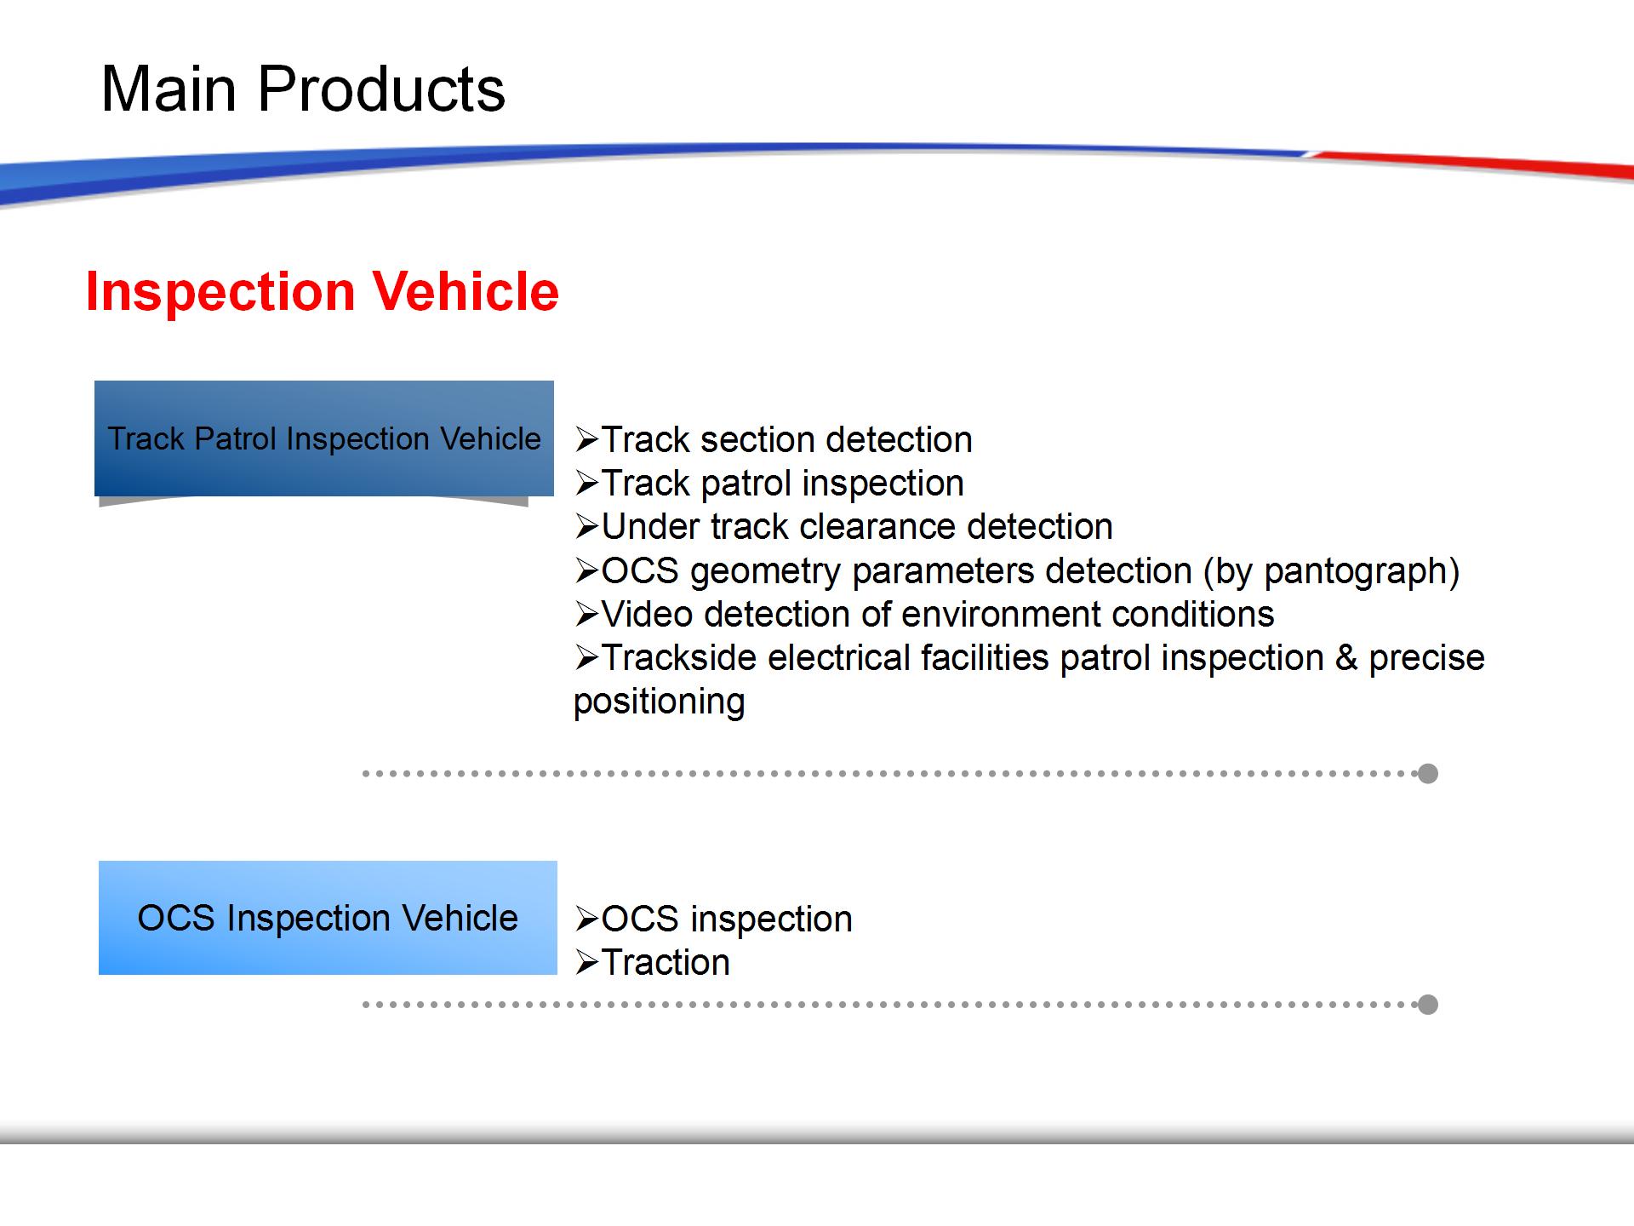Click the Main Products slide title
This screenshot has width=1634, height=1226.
pos(303,89)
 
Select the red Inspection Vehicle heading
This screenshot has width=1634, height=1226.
pos(323,291)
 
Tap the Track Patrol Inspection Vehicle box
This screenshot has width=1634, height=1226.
pos(324,438)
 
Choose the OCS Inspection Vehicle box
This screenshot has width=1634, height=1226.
pos(328,918)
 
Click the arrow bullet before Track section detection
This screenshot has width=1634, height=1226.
pos(587,440)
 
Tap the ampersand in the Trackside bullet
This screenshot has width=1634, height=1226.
pos(1345,658)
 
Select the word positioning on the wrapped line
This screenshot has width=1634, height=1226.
pos(660,702)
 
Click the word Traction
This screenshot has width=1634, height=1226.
pos(666,963)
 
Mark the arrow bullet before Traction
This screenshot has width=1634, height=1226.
pos(587,963)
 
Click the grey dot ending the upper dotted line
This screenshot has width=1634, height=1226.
pos(1428,773)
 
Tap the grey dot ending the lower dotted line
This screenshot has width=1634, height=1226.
pos(1428,1005)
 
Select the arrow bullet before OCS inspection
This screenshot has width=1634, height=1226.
pos(587,919)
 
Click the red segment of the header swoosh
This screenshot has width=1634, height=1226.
pos(1472,164)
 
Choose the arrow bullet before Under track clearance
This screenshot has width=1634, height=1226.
pos(587,527)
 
